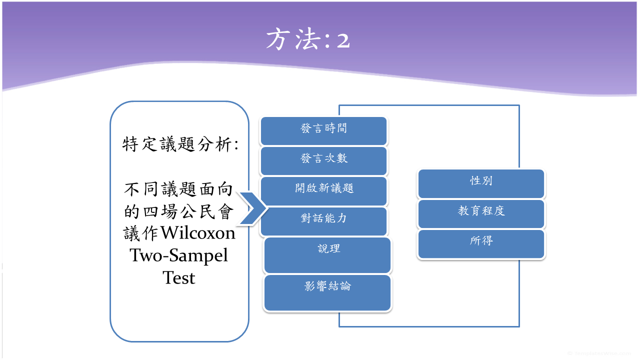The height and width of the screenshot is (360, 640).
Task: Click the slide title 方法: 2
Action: [x=307, y=39]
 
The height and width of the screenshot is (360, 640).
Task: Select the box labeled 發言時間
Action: [x=323, y=131]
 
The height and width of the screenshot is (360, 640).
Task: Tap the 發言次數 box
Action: [x=323, y=161]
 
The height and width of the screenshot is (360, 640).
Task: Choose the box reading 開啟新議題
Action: [x=323, y=191]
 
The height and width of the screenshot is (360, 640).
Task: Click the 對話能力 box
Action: [x=323, y=221]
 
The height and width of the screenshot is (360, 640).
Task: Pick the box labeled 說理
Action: [x=327, y=255]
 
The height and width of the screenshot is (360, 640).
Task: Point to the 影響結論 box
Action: [x=327, y=292]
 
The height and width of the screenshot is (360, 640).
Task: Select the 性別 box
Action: [x=481, y=183]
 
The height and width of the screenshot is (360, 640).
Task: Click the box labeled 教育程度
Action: [x=481, y=213]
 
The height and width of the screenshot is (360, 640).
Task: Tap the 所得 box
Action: [x=481, y=243]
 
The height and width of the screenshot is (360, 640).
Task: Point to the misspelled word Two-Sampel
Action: [x=179, y=255]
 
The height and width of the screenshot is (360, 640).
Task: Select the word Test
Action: [x=179, y=277]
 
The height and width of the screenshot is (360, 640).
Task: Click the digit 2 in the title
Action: [x=343, y=40]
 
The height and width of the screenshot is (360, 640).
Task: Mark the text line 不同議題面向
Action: [x=179, y=190]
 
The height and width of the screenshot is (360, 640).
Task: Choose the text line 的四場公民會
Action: [x=179, y=212]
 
